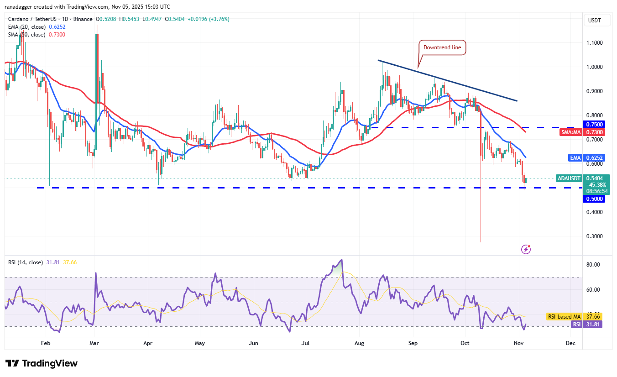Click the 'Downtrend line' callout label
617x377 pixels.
click(x=442, y=47)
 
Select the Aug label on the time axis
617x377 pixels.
click(x=360, y=342)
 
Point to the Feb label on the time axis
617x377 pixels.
click(x=45, y=342)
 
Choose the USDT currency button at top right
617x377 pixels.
click(x=595, y=21)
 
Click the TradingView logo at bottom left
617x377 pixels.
click(x=42, y=363)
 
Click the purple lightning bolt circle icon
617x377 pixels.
click(x=526, y=249)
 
